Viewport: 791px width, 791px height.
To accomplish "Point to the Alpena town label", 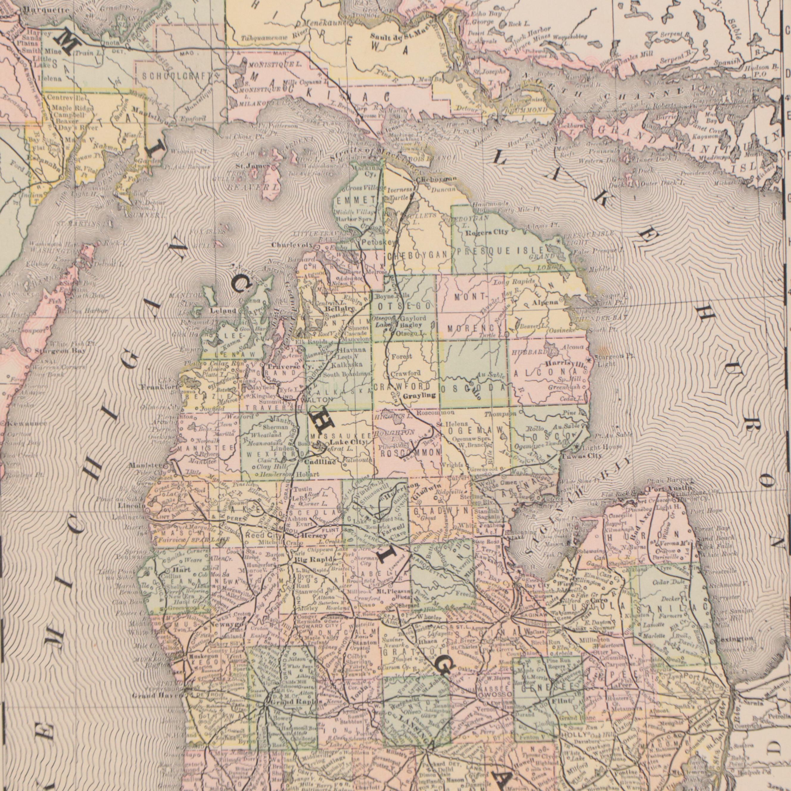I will click(545, 303).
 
